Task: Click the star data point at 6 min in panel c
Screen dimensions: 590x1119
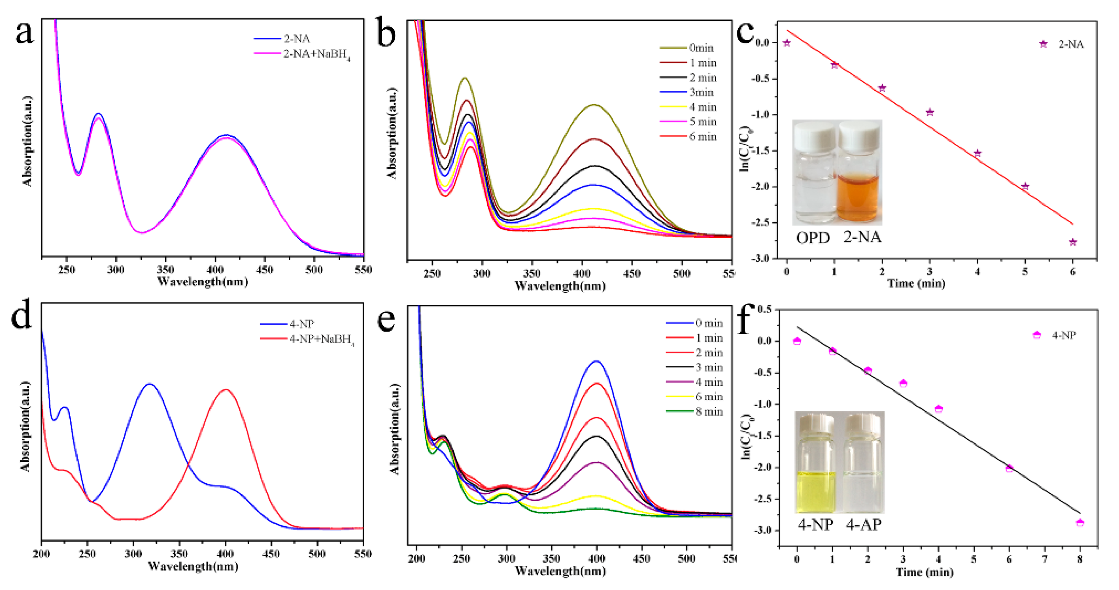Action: (1072, 242)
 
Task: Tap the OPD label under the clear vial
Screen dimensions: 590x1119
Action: (812, 238)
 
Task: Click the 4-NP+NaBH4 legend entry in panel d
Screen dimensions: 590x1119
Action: (321, 339)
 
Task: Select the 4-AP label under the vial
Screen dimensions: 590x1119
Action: (864, 524)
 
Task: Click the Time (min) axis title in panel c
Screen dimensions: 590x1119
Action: (916, 284)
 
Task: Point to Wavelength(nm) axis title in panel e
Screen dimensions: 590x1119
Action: (560, 571)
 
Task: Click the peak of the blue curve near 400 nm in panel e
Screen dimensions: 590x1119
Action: (597, 361)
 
